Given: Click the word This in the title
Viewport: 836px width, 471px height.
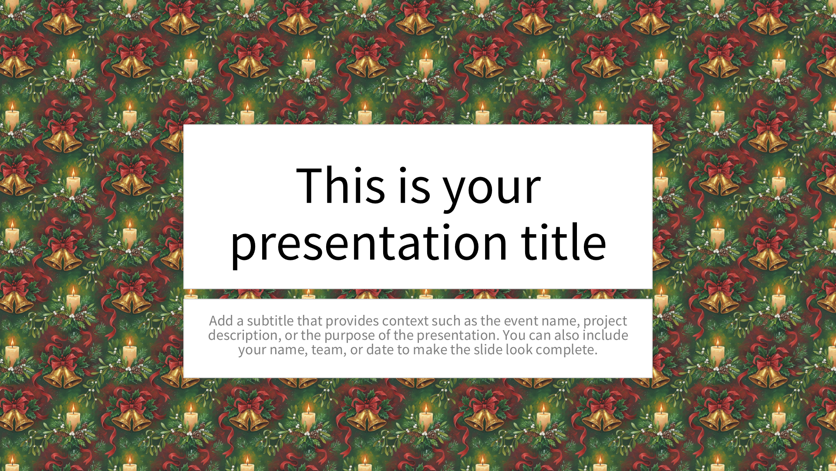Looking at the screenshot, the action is [x=341, y=185].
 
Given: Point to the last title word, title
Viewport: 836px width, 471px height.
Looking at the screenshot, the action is [x=563, y=242].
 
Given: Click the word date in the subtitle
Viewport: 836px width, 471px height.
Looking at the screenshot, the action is [x=380, y=349].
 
